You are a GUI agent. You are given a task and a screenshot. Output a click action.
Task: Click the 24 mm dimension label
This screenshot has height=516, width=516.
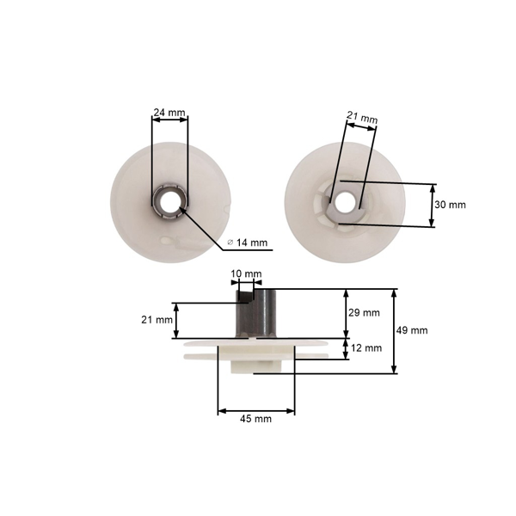(x=168, y=112)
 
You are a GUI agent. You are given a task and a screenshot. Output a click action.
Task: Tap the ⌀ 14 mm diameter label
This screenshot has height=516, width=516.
(x=247, y=243)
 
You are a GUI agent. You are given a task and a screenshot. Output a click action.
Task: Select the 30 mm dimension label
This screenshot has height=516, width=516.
(x=451, y=205)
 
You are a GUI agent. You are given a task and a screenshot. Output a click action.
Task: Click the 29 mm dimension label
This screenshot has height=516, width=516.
(x=365, y=313)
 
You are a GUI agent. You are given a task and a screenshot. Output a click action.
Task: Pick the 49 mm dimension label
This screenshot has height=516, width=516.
(x=413, y=330)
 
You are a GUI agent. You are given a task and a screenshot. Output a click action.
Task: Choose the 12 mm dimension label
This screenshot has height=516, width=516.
(x=365, y=348)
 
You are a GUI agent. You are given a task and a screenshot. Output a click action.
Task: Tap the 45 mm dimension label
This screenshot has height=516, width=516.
(x=256, y=419)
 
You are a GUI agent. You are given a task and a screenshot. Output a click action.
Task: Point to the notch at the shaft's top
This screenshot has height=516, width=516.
(x=248, y=297)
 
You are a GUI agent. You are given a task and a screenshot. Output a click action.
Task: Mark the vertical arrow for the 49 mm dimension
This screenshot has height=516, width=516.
(x=395, y=330)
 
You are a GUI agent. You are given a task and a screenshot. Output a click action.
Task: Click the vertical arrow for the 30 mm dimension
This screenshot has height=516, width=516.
(x=432, y=205)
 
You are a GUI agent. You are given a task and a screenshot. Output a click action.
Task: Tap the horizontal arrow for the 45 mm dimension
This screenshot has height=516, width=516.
(x=256, y=409)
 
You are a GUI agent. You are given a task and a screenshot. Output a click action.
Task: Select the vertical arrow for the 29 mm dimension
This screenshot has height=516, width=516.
(x=346, y=313)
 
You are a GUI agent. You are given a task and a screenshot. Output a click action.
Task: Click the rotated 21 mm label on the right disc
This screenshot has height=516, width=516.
(x=362, y=118)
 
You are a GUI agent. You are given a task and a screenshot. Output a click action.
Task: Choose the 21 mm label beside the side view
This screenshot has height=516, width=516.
(x=153, y=319)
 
